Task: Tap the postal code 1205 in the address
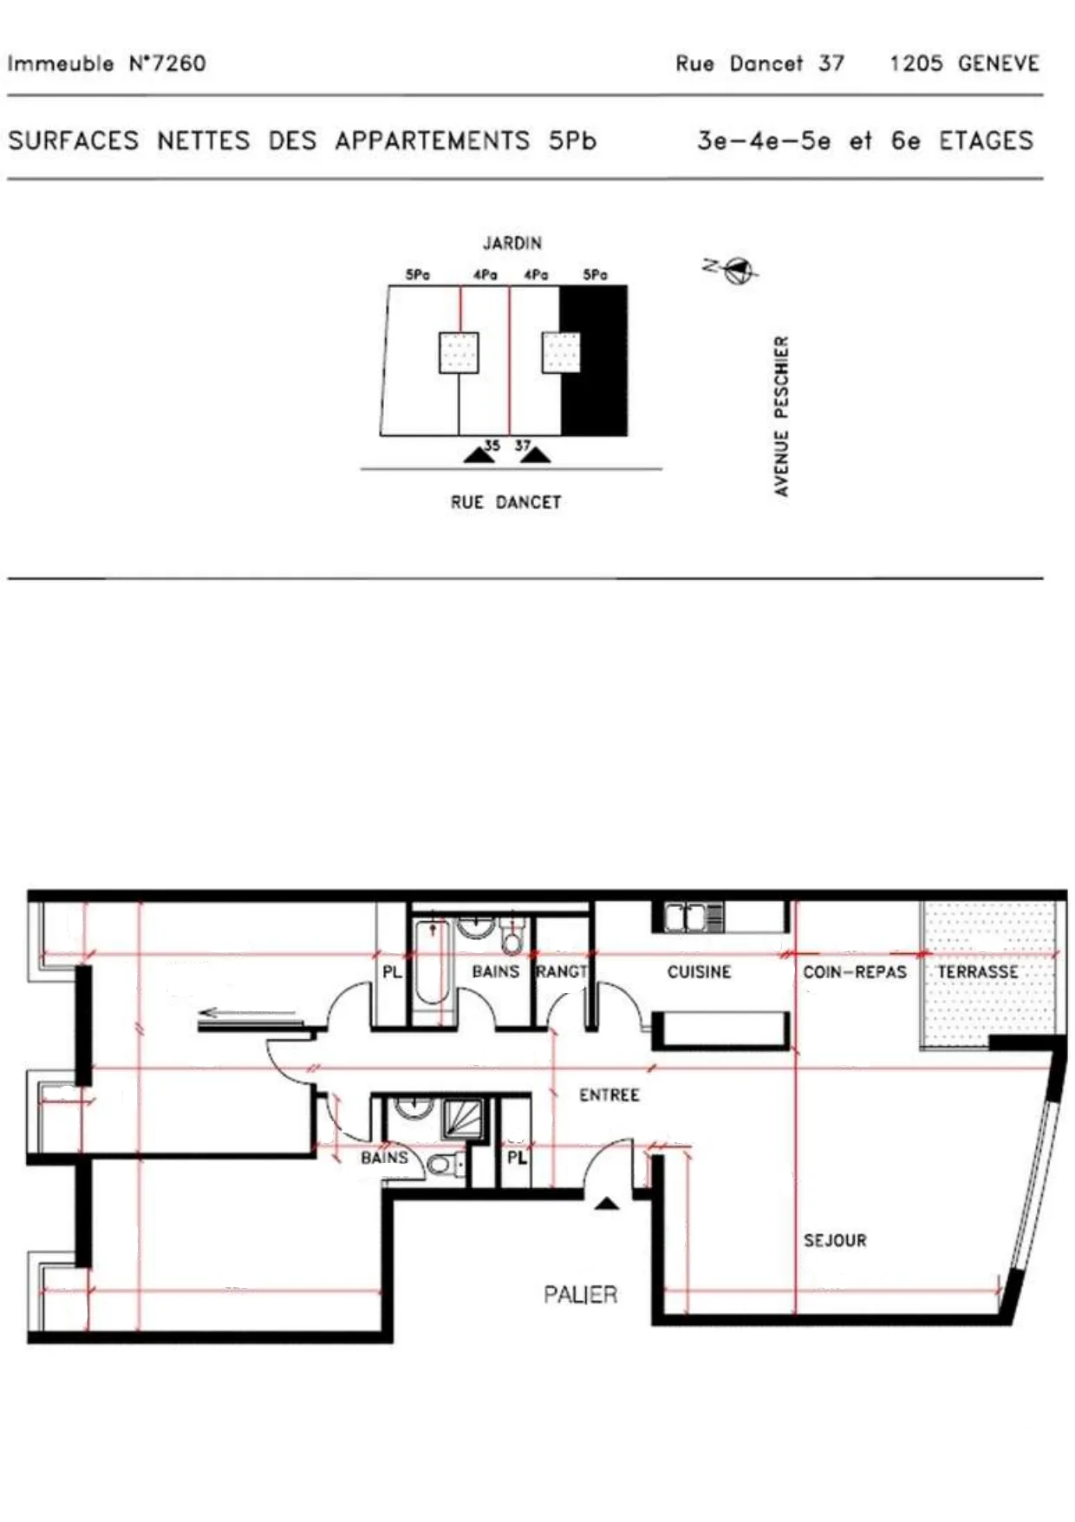[x=915, y=63]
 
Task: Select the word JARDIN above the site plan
[x=512, y=243]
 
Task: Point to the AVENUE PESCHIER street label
[x=782, y=416]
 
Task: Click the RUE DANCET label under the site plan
[x=506, y=502]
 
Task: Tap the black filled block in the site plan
[x=594, y=360]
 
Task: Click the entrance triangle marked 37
[x=534, y=455]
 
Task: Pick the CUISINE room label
[x=699, y=972]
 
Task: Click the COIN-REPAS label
[x=855, y=972]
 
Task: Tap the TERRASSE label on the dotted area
[x=977, y=972]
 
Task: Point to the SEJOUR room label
[x=835, y=1241]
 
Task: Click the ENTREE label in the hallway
[x=609, y=1095]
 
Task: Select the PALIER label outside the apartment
[x=580, y=1295]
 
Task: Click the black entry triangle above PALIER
[x=607, y=1203]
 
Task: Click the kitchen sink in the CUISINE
[x=694, y=917]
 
